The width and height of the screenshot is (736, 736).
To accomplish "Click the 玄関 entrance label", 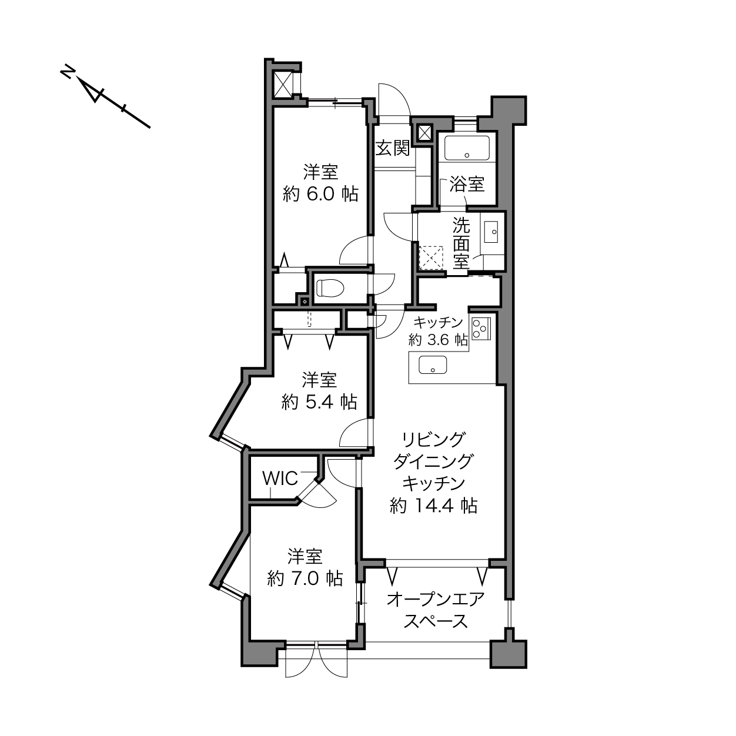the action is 392,148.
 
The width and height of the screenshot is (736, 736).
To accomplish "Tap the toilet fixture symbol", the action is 331,287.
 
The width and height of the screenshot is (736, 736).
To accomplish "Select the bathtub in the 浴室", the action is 467,148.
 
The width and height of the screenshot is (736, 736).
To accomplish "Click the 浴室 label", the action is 467,185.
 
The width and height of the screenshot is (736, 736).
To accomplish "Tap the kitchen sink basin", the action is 433,364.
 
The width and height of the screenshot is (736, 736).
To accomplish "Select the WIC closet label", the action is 280,478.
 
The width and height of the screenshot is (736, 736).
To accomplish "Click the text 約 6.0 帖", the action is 320,195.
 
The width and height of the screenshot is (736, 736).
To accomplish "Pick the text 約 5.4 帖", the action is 319,402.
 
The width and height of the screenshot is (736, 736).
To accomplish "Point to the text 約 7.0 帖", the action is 305,578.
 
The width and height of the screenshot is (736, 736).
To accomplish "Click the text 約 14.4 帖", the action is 433,506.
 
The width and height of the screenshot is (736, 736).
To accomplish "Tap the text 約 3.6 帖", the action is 438,339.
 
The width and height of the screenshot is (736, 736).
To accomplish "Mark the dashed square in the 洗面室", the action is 431,258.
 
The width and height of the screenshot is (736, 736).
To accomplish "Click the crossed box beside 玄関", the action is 424,133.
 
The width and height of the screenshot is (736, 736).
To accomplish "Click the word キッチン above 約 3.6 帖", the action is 438,322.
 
